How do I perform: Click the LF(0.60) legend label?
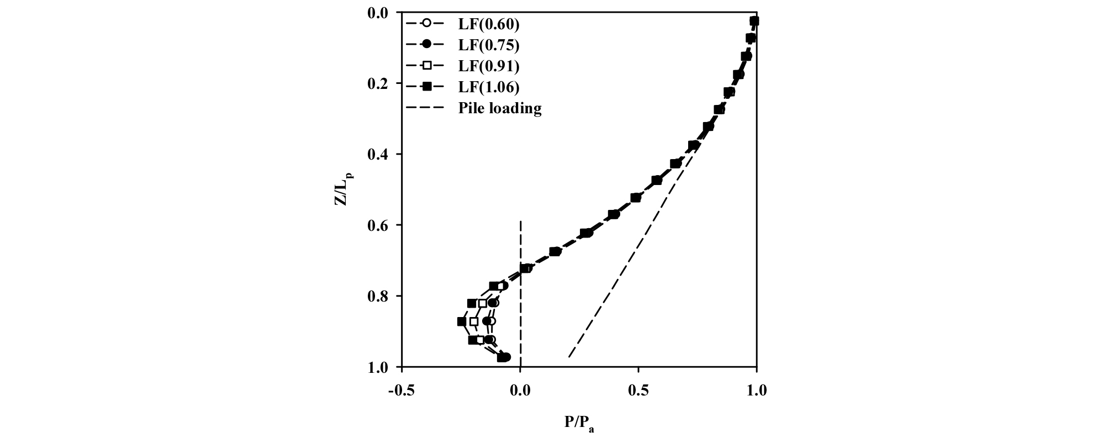[x=488, y=24]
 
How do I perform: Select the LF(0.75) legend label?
[x=488, y=45]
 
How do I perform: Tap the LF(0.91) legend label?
[x=488, y=66]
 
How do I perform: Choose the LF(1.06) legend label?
[x=488, y=87]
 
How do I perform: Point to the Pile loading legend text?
[x=499, y=108]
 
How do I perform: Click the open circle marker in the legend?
[x=426, y=24]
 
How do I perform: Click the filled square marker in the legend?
[x=426, y=87]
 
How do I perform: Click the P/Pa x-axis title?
[x=579, y=423]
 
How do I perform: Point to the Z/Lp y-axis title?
[x=343, y=189]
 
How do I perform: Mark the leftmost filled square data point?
[x=462, y=321]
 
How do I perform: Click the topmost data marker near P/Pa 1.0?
[x=754, y=21]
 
